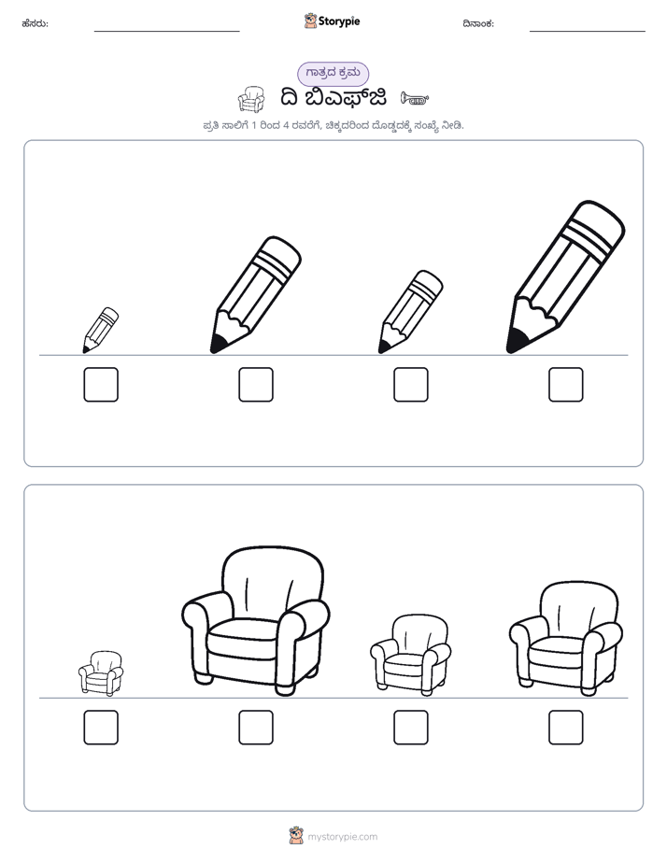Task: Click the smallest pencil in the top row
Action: [100, 331]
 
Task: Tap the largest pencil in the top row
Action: [566, 276]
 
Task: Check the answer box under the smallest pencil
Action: [101, 384]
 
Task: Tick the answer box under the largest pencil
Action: [566, 384]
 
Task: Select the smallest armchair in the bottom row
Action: [101, 673]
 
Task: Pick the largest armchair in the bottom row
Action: [255, 621]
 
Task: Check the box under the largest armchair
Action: [256, 727]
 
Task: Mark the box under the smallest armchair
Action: [101, 727]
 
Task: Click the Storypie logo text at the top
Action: [339, 21]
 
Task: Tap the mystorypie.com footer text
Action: [342, 837]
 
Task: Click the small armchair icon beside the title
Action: [251, 99]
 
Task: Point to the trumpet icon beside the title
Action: [415, 98]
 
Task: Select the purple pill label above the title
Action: [333, 74]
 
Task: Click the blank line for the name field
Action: [166, 32]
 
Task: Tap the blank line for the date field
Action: [588, 32]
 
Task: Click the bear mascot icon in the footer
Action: [296, 836]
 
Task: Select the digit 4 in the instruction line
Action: [286, 126]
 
